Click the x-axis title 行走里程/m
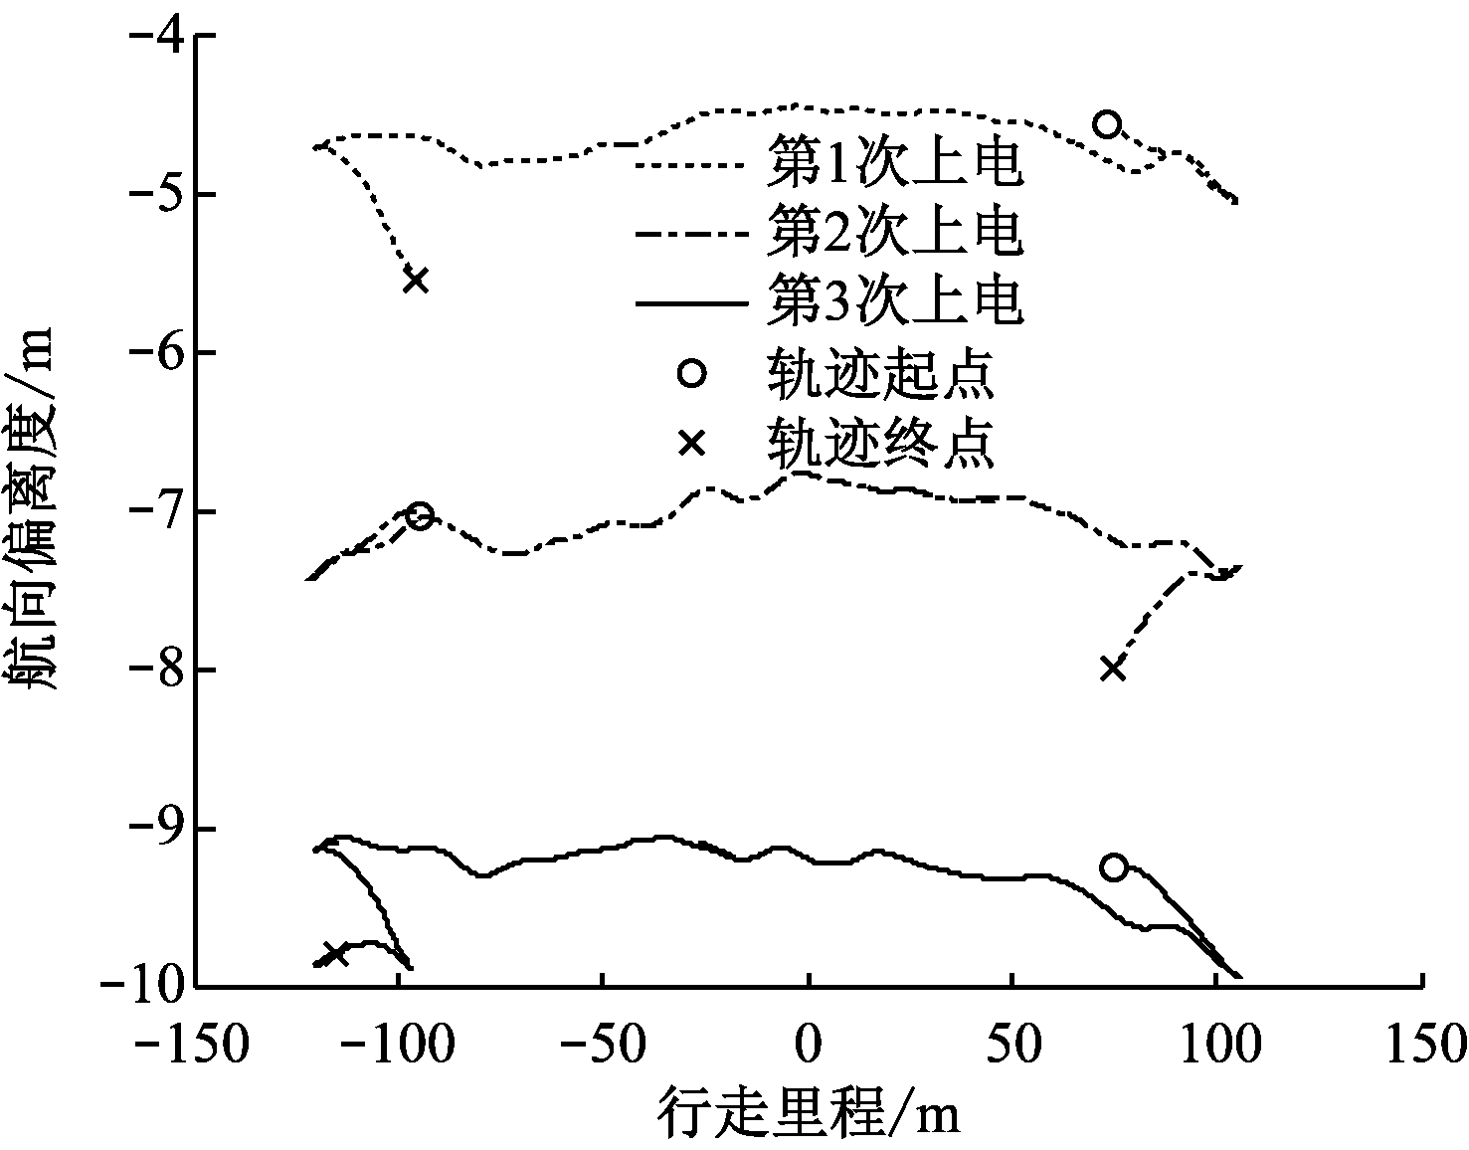[x=809, y=1112]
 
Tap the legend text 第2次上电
[x=894, y=232]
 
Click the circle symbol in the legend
[x=692, y=373]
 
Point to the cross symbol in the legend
[x=692, y=444]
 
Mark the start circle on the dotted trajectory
[x=1107, y=124]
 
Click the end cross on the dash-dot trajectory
[x=1113, y=670]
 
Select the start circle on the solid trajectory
[x=1114, y=867]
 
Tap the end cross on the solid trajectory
[x=335, y=954]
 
